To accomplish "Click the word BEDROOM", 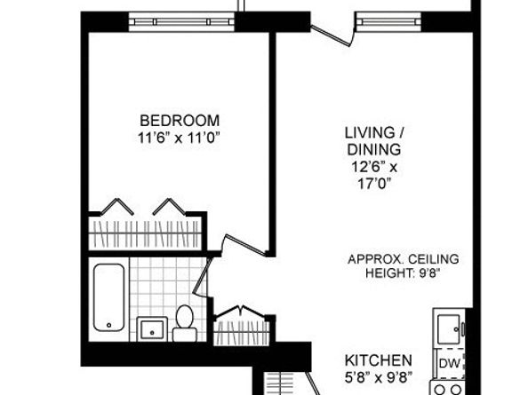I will coord(179,121).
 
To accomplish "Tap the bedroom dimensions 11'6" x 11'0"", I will coord(179,137).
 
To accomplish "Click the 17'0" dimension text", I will coord(373,183).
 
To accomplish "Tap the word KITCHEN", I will coord(379,360).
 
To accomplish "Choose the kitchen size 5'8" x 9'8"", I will coord(379,377).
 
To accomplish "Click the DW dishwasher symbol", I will coord(449,363).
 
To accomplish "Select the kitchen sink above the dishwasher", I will coord(448,329).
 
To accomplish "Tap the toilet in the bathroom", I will coord(186,323).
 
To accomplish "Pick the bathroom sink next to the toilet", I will coord(152,328).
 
